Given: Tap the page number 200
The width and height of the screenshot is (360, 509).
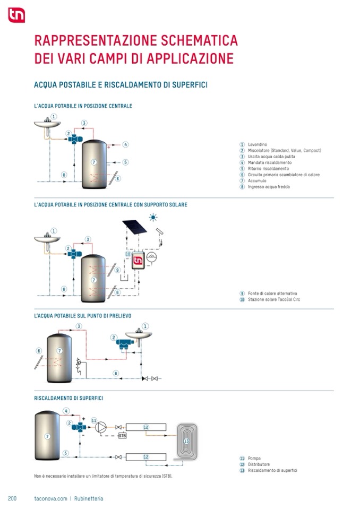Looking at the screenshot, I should pos(13,498).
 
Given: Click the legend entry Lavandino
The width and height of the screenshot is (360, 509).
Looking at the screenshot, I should pos(258,144).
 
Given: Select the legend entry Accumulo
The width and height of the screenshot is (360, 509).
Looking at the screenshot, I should pos(257,180).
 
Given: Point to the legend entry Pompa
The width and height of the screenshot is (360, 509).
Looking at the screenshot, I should pos(254,458).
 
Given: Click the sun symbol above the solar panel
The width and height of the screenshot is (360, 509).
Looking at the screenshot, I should pos(153,217).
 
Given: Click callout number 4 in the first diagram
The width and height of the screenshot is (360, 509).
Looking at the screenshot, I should pos(125,144).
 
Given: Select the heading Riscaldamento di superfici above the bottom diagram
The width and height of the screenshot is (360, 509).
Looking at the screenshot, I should pos(68,398).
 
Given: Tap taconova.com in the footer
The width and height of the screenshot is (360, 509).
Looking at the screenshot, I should pos(50,498).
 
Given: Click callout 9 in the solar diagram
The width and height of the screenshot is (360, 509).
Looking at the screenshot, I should pos(117,270).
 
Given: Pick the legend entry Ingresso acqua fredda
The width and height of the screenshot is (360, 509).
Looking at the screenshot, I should pos(269,187).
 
